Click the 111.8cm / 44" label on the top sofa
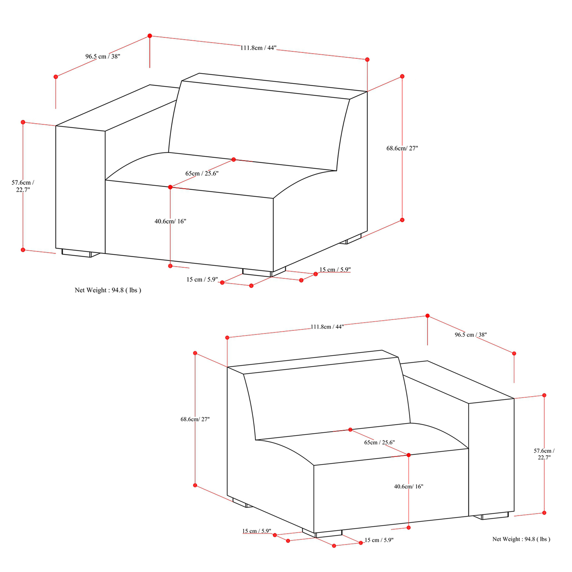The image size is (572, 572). [258, 48]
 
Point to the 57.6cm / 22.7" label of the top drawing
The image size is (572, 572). [23, 186]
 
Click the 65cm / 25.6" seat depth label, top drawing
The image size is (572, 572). [202, 173]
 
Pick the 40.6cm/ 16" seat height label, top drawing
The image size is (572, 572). [170, 221]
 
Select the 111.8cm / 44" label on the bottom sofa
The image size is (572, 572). [327, 327]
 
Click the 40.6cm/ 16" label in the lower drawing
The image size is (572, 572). [409, 486]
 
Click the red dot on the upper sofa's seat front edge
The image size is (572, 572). [170, 187]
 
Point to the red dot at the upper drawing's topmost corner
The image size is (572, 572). [150, 36]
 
